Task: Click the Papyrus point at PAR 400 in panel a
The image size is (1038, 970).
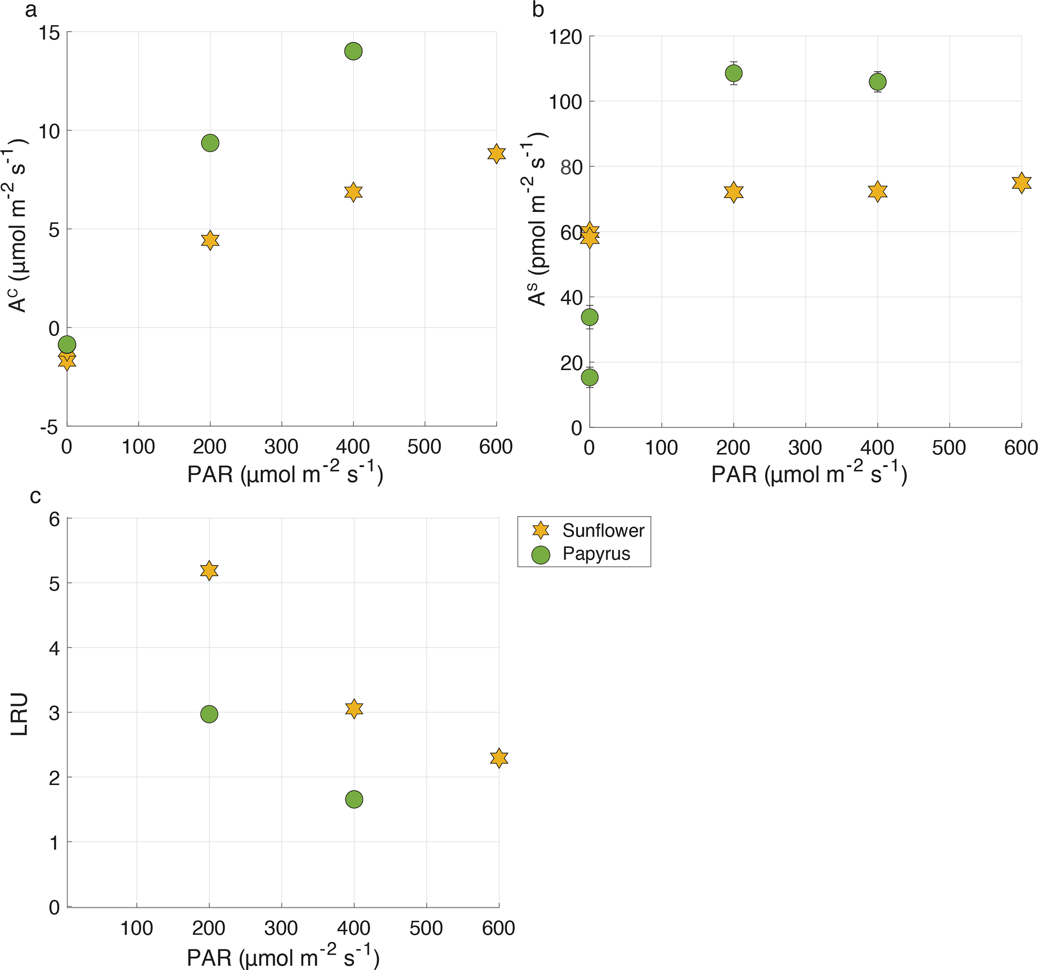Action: (x=354, y=51)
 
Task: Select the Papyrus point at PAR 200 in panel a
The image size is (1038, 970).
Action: (x=210, y=143)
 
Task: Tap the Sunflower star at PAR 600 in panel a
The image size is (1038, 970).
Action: (x=497, y=154)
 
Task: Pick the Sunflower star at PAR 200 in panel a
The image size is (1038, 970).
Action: (x=210, y=240)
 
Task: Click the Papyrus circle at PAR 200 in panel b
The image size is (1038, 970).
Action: (x=734, y=73)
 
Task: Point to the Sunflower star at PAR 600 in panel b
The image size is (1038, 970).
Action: (x=1021, y=183)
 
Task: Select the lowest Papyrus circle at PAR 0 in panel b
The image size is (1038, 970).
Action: (x=590, y=377)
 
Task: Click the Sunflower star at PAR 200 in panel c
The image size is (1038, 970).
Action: (x=209, y=571)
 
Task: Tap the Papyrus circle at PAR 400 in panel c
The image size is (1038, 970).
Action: (x=354, y=799)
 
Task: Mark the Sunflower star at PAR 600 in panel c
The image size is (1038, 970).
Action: (x=499, y=758)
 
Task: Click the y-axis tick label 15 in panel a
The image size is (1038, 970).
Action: (x=49, y=34)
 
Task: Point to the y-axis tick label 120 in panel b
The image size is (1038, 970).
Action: (x=565, y=38)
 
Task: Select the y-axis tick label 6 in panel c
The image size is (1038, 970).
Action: (x=54, y=519)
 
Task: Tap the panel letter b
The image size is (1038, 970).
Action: (x=538, y=10)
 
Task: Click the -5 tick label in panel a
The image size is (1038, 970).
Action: (x=49, y=428)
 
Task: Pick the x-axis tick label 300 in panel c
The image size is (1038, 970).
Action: (x=281, y=928)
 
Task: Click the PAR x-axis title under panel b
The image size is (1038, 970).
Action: (x=809, y=474)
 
